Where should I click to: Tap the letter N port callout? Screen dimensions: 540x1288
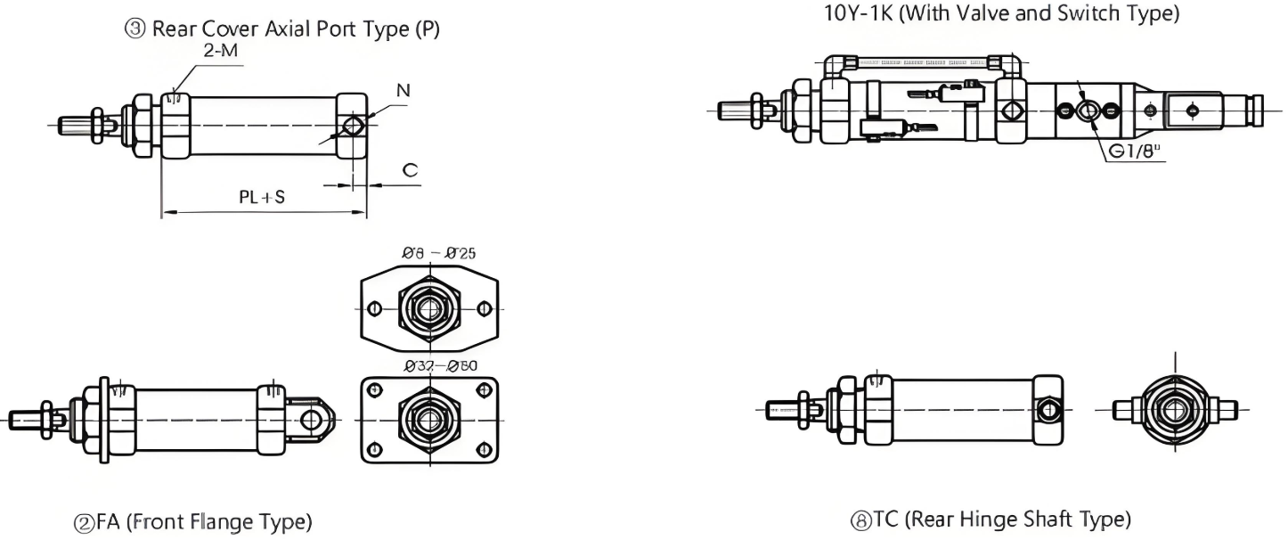coord(404,90)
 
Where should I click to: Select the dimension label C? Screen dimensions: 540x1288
coord(411,169)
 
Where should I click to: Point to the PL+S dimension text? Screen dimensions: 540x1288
coord(262,197)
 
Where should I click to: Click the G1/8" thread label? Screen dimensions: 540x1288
coord(1137,151)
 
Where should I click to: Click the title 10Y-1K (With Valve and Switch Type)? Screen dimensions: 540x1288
coord(1002,13)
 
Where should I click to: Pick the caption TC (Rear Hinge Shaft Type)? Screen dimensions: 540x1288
coord(991,520)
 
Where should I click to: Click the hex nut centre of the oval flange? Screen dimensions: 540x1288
coord(429,308)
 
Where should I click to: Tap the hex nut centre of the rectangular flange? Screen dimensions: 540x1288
coord(429,419)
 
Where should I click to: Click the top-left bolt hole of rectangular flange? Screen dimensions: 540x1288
coord(375,390)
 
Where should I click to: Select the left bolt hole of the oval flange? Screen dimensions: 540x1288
coord(374,308)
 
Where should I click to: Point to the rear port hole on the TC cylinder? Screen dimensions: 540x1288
coord(1049,410)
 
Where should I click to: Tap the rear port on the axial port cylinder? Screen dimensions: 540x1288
coord(354,124)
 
